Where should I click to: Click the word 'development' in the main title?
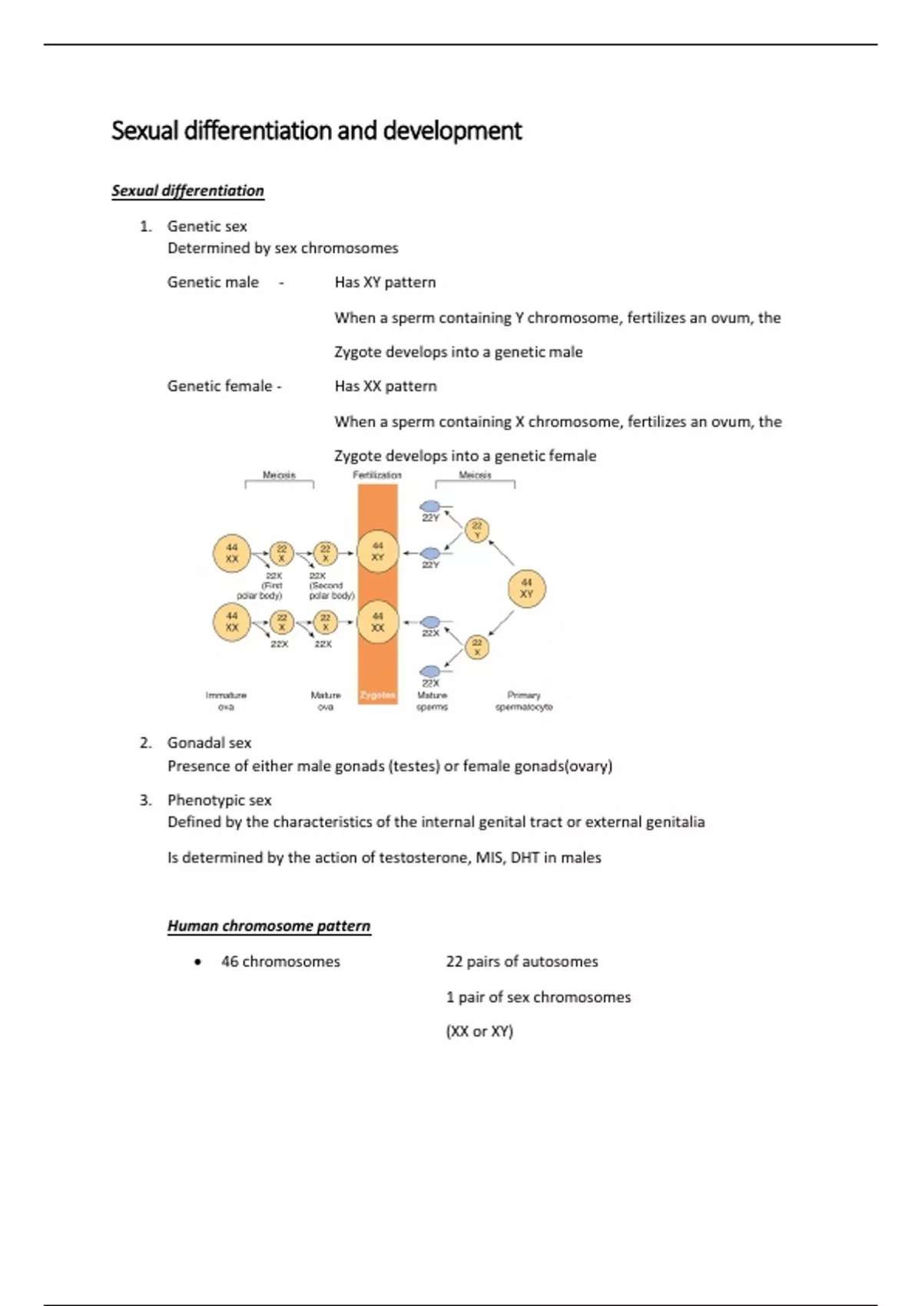453,131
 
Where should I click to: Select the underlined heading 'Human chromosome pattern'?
269,926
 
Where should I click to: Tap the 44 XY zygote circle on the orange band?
378,552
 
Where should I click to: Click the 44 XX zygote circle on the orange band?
378,622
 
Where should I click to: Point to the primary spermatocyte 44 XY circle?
526,588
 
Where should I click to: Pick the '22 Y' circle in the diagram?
477,530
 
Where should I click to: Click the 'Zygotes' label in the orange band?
377,695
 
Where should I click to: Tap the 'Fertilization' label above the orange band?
377,475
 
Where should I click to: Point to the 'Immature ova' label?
226,701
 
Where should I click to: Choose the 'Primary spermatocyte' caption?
524,701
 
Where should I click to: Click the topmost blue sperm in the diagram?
431,506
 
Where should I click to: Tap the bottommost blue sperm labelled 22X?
431,671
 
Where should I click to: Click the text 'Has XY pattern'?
385,282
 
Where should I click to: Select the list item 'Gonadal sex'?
209,743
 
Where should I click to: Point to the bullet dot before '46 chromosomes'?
198,962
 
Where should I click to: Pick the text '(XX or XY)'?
479,1031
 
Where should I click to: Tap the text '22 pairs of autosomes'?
522,961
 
